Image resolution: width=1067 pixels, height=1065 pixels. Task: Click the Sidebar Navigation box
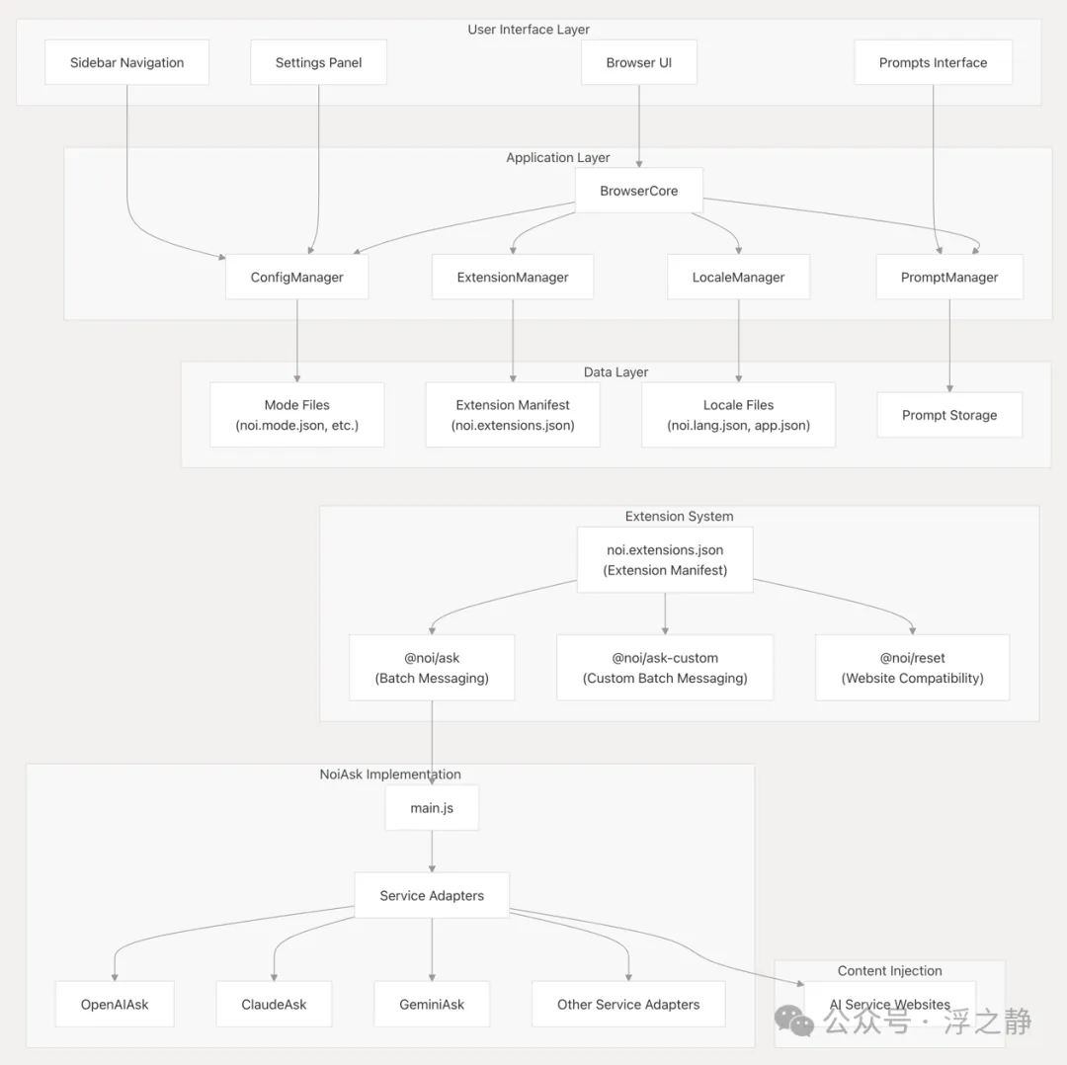click(x=126, y=62)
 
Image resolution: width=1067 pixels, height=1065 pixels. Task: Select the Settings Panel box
click(x=318, y=62)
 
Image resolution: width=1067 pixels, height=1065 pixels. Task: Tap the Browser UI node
click(x=639, y=62)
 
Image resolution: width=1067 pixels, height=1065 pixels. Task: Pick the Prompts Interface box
click(x=933, y=62)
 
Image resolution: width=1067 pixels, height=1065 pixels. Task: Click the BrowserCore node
click(x=639, y=191)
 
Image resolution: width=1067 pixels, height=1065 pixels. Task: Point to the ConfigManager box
click(x=296, y=277)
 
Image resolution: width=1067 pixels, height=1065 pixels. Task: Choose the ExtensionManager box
click(x=513, y=277)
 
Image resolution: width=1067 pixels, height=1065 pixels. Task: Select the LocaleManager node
click(x=738, y=277)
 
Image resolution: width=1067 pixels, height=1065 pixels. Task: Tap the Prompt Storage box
click(x=949, y=414)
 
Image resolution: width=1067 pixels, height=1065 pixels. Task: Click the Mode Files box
click(x=296, y=414)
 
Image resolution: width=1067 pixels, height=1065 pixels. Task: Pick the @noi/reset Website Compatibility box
click(x=913, y=668)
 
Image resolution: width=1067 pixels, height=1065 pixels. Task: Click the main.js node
click(x=432, y=808)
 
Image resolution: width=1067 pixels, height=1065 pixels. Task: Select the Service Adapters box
click(x=432, y=895)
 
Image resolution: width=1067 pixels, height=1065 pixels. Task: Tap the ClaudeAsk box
click(x=275, y=1004)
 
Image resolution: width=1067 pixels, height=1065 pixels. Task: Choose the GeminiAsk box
click(x=432, y=1004)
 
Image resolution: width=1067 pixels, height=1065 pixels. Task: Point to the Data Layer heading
click(x=616, y=372)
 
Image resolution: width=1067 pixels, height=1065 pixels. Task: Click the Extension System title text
click(x=679, y=517)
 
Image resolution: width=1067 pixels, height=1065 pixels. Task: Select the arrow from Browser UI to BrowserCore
click(x=639, y=125)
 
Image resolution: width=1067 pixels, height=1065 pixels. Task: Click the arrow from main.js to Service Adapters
click(x=432, y=852)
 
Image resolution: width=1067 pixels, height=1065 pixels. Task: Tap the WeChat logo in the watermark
click(x=794, y=1021)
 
